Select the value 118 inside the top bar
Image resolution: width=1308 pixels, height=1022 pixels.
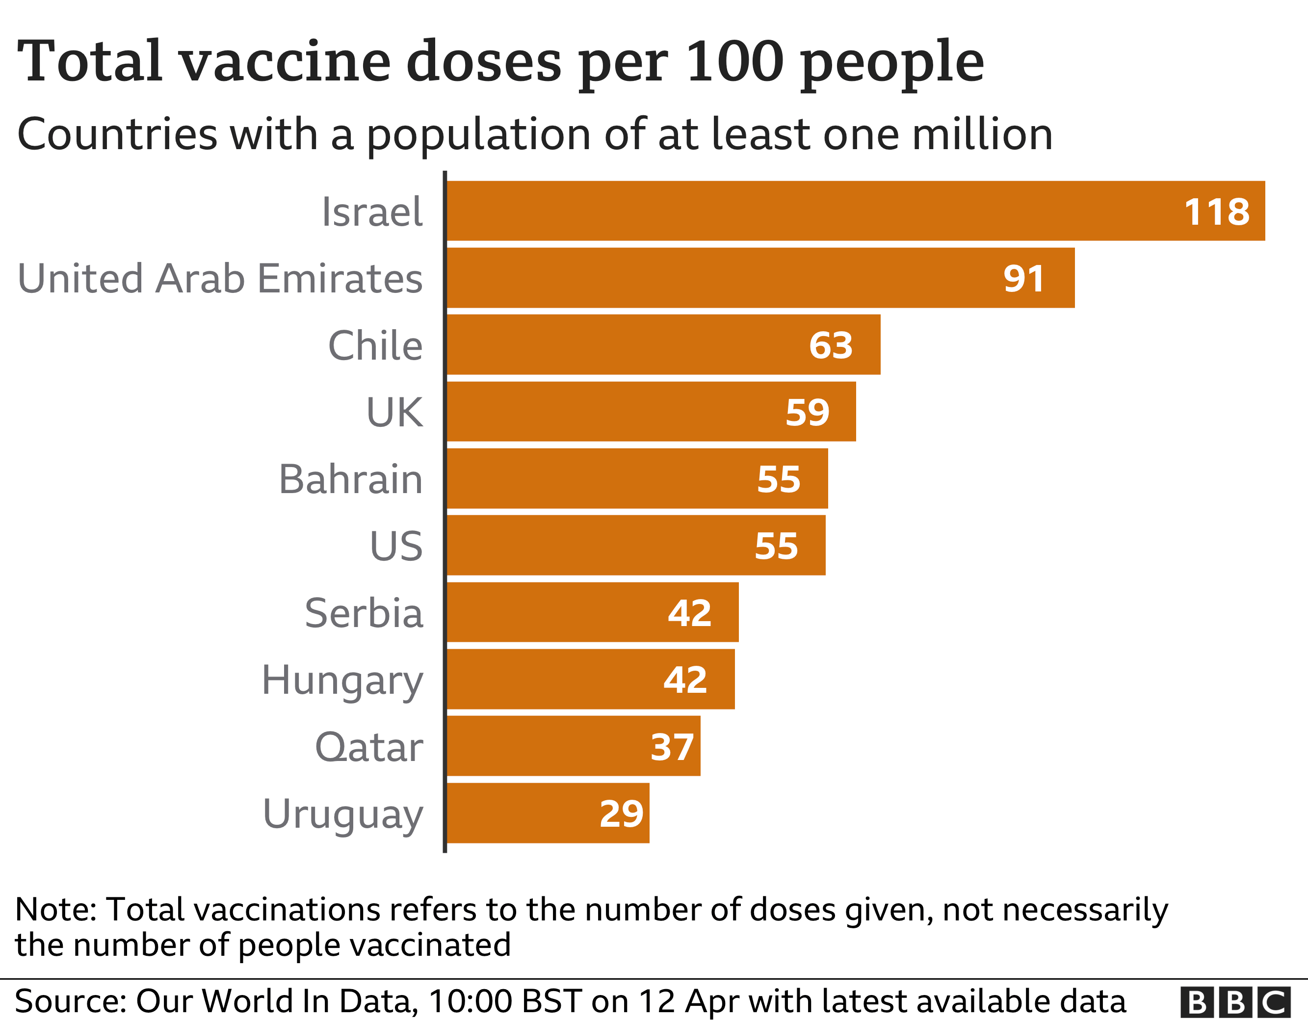[x=1216, y=212]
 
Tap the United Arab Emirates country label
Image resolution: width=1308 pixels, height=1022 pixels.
[x=220, y=279]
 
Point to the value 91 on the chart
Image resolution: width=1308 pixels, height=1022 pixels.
[x=1023, y=279]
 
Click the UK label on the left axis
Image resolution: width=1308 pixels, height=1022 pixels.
[x=394, y=413]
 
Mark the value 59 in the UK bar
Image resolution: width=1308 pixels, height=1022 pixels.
[x=807, y=413]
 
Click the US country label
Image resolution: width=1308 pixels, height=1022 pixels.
[x=396, y=547]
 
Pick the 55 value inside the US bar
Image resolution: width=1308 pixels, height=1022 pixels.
[x=776, y=547]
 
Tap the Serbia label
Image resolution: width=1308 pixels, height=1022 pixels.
[x=364, y=613]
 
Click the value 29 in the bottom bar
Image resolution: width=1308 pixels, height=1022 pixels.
[x=621, y=814]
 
